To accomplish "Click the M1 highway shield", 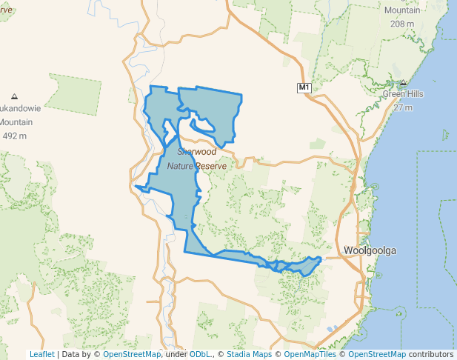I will [x=304, y=87].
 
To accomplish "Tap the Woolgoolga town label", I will [x=370, y=250].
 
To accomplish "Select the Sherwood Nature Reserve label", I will [x=196, y=159].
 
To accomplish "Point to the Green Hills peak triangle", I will [x=403, y=83].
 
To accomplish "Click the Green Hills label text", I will [x=402, y=94].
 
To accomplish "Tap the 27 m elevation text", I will [x=403, y=107].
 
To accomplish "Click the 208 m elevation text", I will [x=402, y=24].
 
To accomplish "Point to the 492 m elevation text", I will [x=15, y=136].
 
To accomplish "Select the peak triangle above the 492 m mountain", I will [x=14, y=96].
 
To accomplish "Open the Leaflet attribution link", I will [x=41, y=354].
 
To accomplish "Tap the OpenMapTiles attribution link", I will [x=311, y=354].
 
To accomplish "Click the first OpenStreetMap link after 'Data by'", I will [x=132, y=354].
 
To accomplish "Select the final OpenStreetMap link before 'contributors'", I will [x=376, y=354].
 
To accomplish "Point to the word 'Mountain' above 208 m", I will [x=402, y=10].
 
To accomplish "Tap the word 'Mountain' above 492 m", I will [x=16, y=122].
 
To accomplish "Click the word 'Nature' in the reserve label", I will [x=182, y=166].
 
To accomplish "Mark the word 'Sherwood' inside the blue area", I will [x=197, y=151].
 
